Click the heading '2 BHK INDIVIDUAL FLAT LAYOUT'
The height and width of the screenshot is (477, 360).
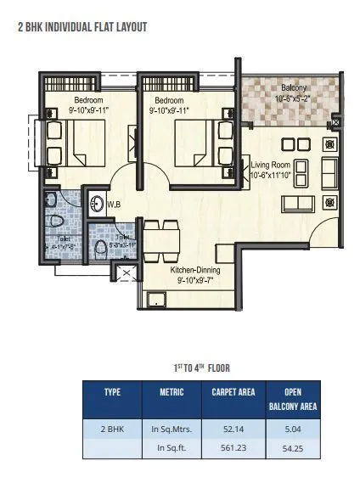click(82, 27)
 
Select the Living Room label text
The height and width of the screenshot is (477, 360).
click(271, 170)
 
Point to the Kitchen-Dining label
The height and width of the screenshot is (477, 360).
click(196, 274)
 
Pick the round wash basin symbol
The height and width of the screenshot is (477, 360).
click(98, 204)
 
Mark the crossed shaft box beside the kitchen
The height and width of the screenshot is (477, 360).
click(127, 273)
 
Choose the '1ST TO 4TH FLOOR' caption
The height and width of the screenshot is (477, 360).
click(197, 368)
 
